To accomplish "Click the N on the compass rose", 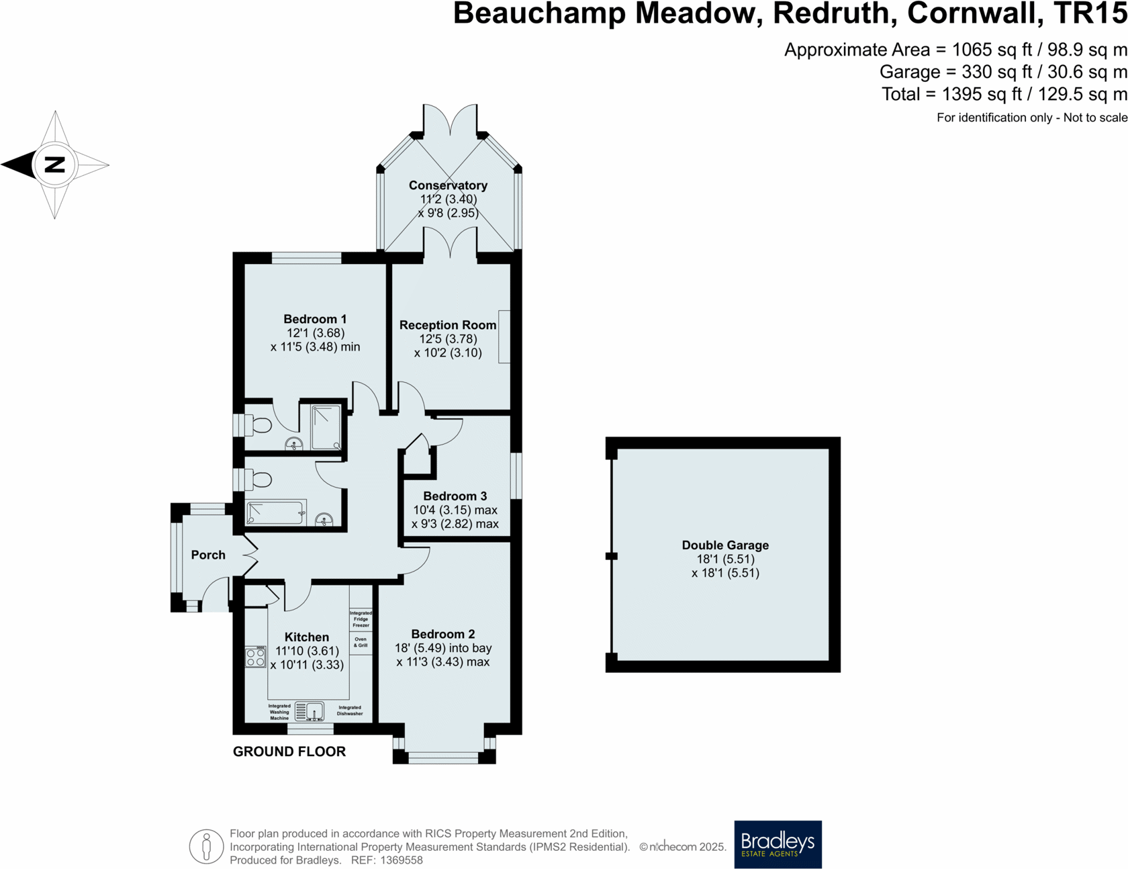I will (54, 165).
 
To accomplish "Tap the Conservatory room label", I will (448, 186).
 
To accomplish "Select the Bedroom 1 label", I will (315, 319).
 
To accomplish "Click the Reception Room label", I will (448, 325).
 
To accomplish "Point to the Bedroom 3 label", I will (455, 496).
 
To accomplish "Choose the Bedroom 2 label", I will (443, 634).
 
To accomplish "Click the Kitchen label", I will (307, 637).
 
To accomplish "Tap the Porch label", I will (208, 555).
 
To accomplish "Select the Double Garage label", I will (725, 545).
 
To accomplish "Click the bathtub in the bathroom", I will (277, 512).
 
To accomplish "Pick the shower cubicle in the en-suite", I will (326, 427).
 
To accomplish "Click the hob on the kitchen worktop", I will (255, 657).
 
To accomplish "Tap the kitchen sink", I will (310, 711).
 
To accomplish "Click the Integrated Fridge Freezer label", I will (361, 619).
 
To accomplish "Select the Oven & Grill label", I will (361, 642).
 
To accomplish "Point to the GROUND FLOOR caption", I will (289, 751).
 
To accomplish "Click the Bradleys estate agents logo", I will (778, 844).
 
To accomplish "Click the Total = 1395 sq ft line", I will (1004, 94).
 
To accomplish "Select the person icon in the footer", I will (206, 846).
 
